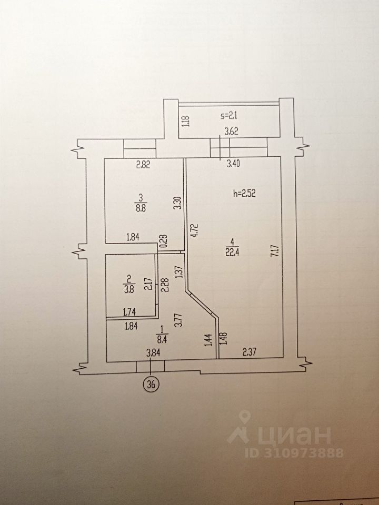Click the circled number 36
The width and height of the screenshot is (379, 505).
(152, 385)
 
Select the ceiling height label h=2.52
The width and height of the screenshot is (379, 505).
(244, 194)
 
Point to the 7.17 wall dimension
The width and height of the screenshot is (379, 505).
(275, 250)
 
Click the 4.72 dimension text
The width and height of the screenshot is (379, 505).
(194, 230)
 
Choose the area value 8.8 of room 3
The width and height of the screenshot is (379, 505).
(142, 208)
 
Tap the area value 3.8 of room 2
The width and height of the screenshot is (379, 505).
(128, 289)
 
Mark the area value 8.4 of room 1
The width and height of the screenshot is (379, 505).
(163, 339)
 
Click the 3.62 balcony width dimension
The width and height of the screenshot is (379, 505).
(231, 132)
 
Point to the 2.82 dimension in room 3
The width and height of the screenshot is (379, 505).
(143, 165)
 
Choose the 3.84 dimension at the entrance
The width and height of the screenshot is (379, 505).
(153, 353)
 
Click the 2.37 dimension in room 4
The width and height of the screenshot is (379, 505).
(249, 352)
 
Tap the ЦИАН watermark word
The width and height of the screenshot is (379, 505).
(293, 435)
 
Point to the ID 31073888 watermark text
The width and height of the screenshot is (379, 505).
(294, 453)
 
